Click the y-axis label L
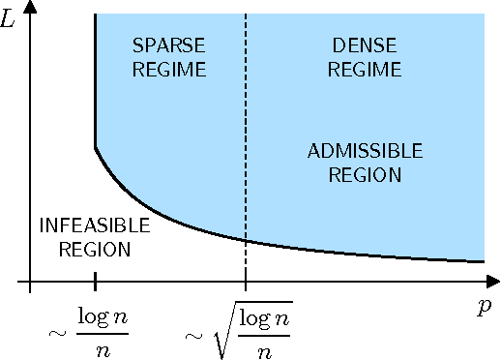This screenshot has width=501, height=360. coord(8,18)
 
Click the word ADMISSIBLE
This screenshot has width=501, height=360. coord(365,152)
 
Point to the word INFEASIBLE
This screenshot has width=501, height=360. coord(95,226)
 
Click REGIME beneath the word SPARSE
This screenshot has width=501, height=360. coord(168,70)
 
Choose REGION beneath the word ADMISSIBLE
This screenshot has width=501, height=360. coord(365,175)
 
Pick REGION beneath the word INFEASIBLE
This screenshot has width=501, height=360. coord(95,250)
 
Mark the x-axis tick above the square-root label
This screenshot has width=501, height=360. coord(246,283)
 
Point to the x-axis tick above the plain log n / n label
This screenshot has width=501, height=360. coord(95,283)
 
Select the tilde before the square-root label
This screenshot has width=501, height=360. coord(193,336)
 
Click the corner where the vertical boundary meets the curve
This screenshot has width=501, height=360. coord(95,147)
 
